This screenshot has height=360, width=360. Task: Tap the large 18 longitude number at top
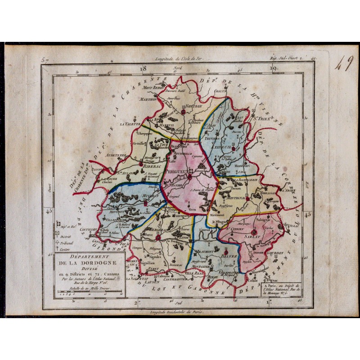[x=143, y=69]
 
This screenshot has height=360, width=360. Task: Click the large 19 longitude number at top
[x=273, y=69]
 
